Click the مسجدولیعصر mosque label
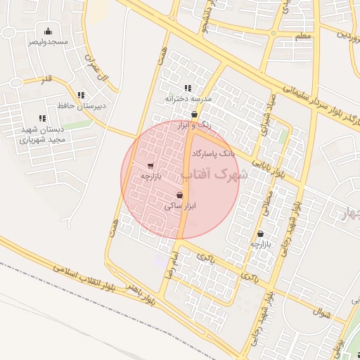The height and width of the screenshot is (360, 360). click(48, 42)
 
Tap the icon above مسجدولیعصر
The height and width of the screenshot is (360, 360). click(48, 31)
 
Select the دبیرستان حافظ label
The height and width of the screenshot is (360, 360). click(81, 106)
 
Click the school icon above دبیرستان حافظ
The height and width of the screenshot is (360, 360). click(81, 95)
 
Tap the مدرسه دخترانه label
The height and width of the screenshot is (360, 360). click(187, 99)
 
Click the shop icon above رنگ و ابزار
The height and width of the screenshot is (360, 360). click(195, 114)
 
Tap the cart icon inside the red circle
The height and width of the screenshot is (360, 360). click(151, 166)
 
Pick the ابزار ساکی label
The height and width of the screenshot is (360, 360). click(179, 206)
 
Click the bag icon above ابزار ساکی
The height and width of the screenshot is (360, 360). click(180, 195)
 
